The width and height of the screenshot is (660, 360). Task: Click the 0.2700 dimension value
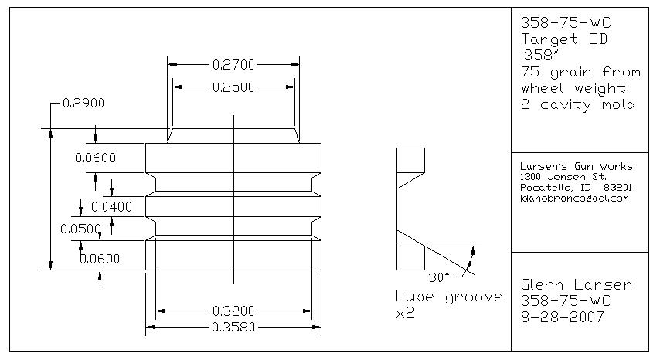point(233,65)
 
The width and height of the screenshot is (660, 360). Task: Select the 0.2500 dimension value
point(233,87)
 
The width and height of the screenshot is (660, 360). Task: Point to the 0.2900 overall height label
point(83,103)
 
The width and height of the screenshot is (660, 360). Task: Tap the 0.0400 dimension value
point(111,207)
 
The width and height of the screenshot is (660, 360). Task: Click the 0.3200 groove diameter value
point(233,311)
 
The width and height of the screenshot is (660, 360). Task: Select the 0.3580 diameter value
point(233,328)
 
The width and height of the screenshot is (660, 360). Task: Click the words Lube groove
point(448,297)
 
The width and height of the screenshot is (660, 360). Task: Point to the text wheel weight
point(573,88)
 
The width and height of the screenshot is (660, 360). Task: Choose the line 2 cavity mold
point(578,104)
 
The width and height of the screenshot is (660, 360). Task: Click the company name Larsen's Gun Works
point(577,166)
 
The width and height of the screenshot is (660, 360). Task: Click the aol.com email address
point(575,199)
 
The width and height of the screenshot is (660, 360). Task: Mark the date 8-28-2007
point(561,318)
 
